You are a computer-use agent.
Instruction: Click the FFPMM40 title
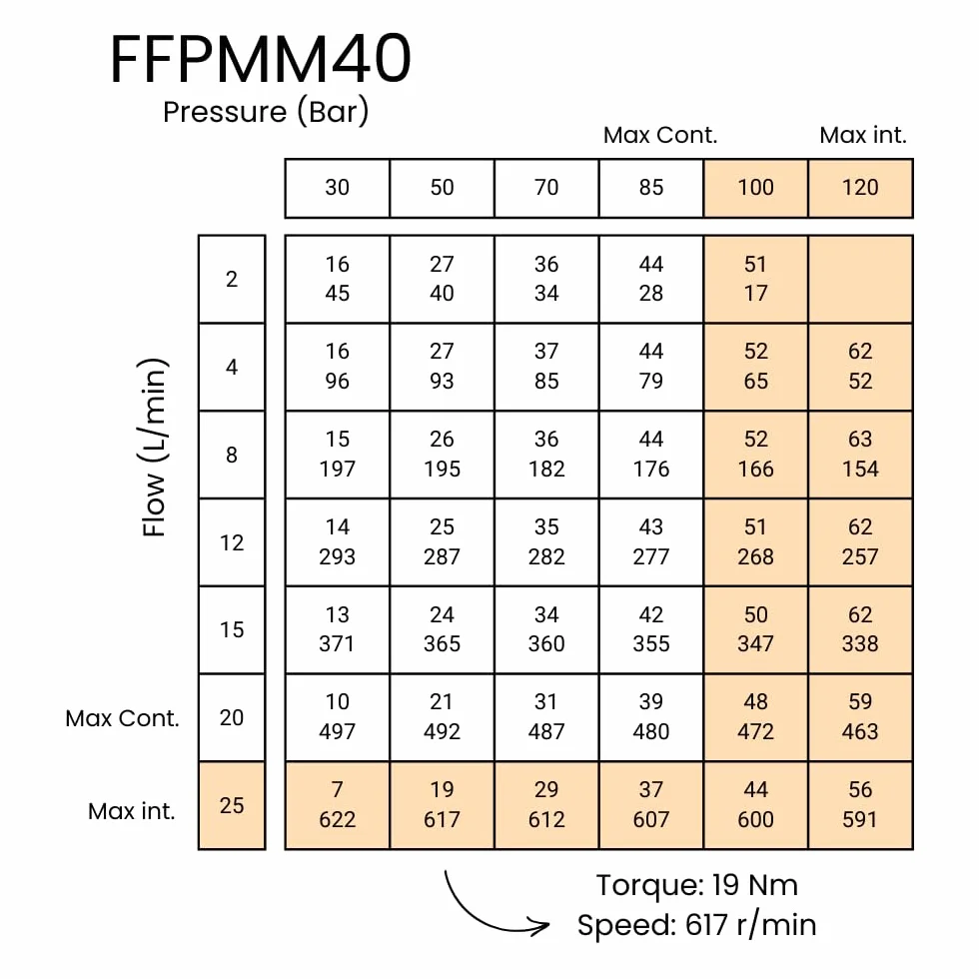click(x=261, y=59)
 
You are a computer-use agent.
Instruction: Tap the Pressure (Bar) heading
click(x=266, y=112)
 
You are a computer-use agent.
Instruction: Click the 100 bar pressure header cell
click(x=755, y=188)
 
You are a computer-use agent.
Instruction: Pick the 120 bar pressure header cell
click(x=860, y=188)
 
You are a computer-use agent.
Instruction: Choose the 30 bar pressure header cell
click(x=338, y=188)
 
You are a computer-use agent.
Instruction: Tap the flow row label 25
click(x=232, y=805)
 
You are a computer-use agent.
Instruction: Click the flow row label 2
click(x=232, y=279)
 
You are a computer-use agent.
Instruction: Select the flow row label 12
click(x=232, y=542)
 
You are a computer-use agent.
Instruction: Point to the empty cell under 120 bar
click(x=860, y=279)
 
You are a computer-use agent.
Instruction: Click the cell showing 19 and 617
click(x=442, y=805)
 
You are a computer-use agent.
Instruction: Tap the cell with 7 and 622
click(x=338, y=805)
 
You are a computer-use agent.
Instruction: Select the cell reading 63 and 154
click(x=860, y=455)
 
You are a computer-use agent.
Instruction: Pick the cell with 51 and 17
click(x=755, y=279)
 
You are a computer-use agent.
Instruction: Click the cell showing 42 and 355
click(x=651, y=630)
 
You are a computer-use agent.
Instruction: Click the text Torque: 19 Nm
click(x=697, y=885)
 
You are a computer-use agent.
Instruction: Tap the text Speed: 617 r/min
click(x=697, y=925)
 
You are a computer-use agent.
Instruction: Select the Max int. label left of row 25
click(x=132, y=811)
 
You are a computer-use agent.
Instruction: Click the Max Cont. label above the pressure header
click(x=660, y=136)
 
